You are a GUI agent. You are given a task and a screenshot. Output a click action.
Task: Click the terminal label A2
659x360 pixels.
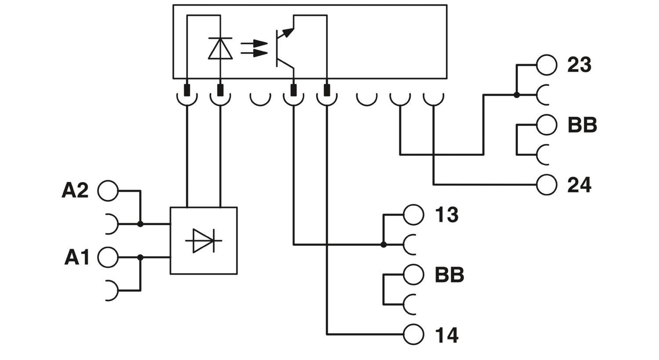pos(75,191)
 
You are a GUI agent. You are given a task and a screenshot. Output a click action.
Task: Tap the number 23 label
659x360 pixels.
pos(579,65)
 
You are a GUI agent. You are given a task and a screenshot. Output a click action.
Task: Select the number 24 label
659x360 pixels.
pos(579,185)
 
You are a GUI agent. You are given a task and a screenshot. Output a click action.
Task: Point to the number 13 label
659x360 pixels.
pos(446,215)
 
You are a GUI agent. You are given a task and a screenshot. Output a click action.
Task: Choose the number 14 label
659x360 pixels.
pos(446,335)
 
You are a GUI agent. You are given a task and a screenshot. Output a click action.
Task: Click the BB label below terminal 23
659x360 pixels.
pos(582,125)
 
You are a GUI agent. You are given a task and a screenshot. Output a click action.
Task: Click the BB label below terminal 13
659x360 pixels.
pos(449,275)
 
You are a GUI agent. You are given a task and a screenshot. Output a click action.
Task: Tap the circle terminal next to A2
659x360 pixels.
pos(108,191)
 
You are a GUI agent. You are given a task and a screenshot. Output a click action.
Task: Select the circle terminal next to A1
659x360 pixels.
pos(108,257)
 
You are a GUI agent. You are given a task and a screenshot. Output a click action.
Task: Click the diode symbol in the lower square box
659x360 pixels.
pos(203,241)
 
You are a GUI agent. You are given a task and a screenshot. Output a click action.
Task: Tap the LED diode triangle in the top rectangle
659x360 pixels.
pos(220,49)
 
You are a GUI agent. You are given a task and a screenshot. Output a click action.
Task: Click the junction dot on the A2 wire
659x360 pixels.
pos(140,224)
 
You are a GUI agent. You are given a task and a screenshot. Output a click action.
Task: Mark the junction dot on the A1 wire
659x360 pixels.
pos(140,257)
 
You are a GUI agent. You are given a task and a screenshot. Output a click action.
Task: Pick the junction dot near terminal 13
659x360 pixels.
pos(384,245)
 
